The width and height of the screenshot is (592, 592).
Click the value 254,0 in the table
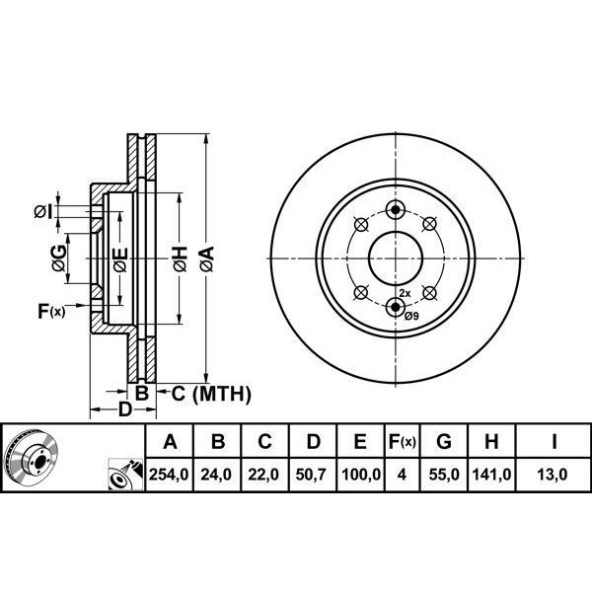(x=169, y=475)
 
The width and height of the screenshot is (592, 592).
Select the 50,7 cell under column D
(x=311, y=475)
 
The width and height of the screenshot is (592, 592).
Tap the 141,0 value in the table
(x=491, y=475)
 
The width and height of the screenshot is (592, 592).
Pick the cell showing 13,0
(x=553, y=475)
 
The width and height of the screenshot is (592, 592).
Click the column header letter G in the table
(x=444, y=441)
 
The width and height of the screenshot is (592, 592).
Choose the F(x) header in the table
(x=403, y=441)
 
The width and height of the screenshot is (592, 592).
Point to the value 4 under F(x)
(x=402, y=475)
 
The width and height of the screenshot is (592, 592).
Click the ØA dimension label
(x=207, y=259)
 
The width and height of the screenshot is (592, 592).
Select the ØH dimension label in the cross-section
(x=181, y=259)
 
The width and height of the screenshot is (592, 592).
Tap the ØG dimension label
(x=59, y=258)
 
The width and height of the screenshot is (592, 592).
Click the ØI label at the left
(x=43, y=212)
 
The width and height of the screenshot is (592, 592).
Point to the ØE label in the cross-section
(x=120, y=259)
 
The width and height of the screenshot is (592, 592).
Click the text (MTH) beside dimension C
(x=222, y=394)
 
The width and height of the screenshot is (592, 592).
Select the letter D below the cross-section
(x=124, y=409)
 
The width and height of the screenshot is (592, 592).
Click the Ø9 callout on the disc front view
(x=411, y=316)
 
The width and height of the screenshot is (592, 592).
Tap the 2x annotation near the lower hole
(x=405, y=293)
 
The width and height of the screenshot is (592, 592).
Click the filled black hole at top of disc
(x=396, y=209)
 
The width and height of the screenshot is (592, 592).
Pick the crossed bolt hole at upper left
(x=361, y=225)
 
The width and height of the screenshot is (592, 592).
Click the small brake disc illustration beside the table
(x=31, y=457)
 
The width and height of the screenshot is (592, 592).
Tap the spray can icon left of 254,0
(x=125, y=475)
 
